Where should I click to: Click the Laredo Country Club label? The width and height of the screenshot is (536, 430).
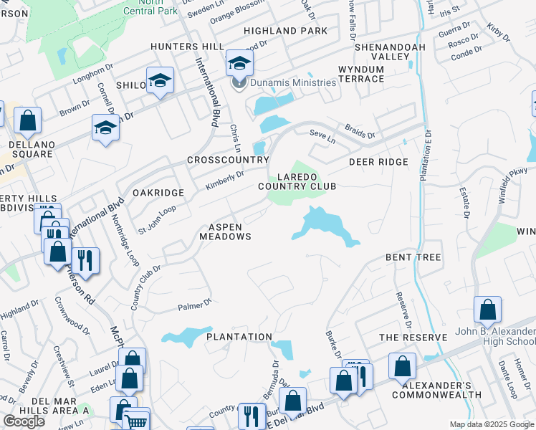click(x=297, y=181)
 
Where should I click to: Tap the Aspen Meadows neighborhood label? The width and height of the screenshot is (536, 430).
click(x=225, y=231)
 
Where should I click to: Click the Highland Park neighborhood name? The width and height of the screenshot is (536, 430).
click(x=285, y=31)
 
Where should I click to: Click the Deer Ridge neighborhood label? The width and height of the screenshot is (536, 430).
click(x=378, y=162)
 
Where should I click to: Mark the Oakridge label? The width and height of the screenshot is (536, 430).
click(x=158, y=193)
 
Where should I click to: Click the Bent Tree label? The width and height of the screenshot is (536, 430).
click(x=413, y=257)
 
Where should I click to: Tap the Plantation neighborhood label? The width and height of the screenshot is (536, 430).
click(x=239, y=337)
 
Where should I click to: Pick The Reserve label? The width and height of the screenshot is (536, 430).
click(x=408, y=338)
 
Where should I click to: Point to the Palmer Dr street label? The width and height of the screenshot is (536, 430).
click(x=194, y=307)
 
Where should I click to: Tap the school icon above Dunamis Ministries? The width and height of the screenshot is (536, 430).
click(x=239, y=64)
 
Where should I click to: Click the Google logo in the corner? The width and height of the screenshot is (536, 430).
click(x=24, y=421)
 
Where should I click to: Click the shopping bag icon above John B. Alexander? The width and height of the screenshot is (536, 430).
click(x=487, y=310)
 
